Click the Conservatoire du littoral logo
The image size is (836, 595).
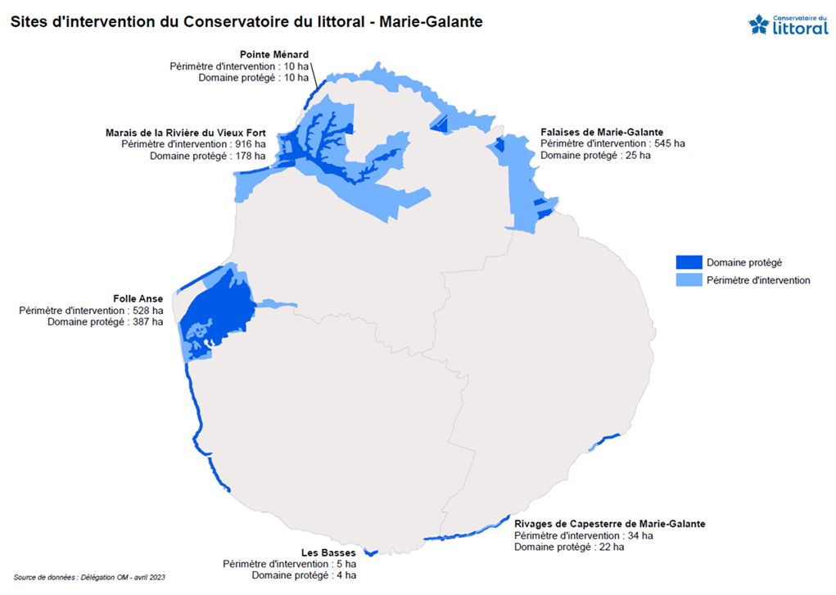[788, 25]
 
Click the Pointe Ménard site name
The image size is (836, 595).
[274, 55]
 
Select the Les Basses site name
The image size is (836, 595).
[328, 553]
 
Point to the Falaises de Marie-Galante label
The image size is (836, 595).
[602, 132]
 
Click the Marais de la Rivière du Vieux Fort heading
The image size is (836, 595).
[186, 133]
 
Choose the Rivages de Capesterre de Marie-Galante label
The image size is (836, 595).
[609, 524]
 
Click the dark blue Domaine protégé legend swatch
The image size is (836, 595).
[689, 262]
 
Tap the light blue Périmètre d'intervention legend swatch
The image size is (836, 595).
[689, 280]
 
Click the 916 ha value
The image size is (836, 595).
[250, 144]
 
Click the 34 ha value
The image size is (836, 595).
[640, 535]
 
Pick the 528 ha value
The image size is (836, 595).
[147, 311]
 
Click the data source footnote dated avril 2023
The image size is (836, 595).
[89, 578]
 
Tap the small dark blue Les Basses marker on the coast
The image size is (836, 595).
[369, 552]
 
